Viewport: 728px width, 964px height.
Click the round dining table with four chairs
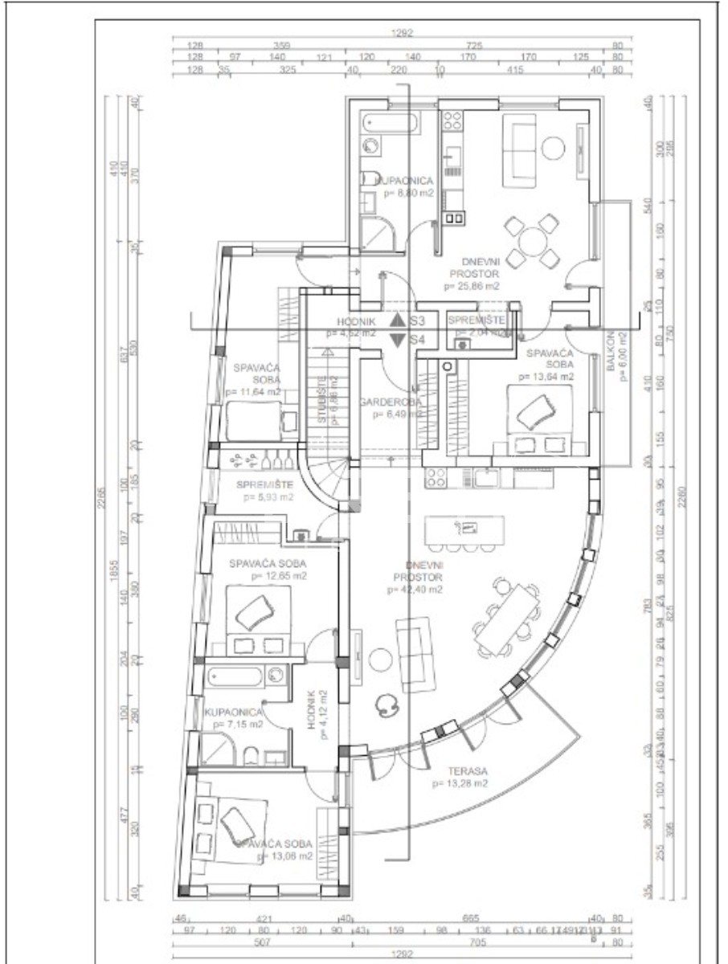(531, 240)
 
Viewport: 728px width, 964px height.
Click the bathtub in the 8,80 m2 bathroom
(390, 125)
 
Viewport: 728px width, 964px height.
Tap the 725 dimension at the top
(474, 46)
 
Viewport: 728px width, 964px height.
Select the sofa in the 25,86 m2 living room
(518, 149)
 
